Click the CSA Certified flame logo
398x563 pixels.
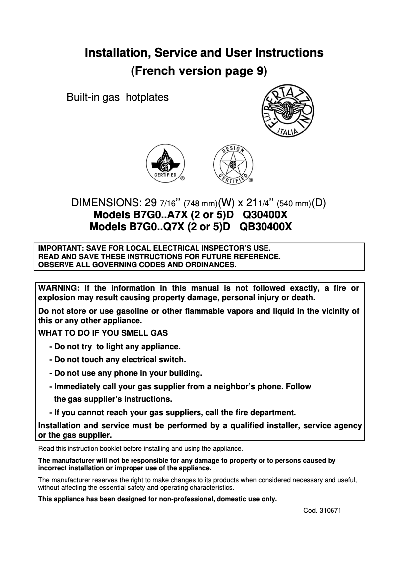(x=165, y=162)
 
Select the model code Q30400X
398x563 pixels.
(x=265, y=215)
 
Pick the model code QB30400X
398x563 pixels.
(x=265, y=227)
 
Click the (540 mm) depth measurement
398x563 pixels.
(x=293, y=203)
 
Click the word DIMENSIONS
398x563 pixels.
(x=107, y=203)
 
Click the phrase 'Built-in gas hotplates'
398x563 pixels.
(x=118, y=97)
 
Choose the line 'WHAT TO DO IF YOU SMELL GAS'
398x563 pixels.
(x=103, y=333)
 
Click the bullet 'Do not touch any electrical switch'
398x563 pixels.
(x=118, y=359)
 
